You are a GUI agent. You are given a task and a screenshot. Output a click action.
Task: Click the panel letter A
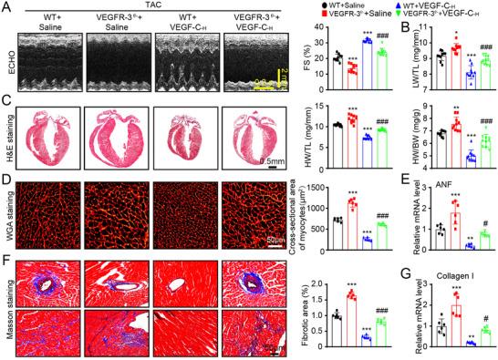(7, 7)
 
